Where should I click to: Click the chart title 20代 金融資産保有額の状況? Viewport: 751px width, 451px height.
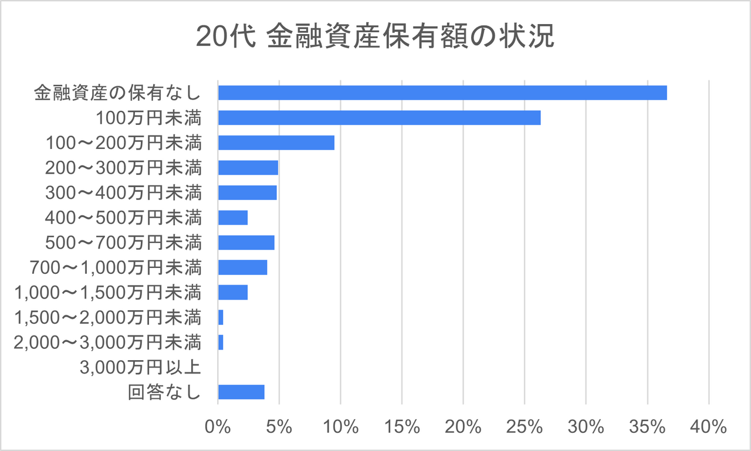[375, 37]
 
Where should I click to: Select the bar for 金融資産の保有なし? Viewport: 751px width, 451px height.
[442, 93]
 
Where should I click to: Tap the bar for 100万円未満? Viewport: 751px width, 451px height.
[379, 118]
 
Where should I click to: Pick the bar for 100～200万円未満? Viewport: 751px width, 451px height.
[276, 143]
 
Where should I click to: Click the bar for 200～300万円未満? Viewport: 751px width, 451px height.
[248, 168]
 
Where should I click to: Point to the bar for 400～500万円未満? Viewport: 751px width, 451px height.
[233, 218]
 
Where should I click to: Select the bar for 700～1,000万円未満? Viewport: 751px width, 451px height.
[243, 267]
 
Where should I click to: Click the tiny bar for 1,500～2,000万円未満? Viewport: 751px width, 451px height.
[221, 317]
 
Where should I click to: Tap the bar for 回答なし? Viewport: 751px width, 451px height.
[241, 392]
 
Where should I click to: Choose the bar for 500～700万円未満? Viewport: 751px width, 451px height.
[246, 243]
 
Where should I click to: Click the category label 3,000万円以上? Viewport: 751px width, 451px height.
[140, 368]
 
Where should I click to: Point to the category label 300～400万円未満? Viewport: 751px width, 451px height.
[123, 193]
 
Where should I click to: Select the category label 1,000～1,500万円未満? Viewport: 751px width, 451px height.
[107, 293]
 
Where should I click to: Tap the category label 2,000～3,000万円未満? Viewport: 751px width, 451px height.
[107, 343]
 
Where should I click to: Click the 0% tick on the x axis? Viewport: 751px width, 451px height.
[218, 426]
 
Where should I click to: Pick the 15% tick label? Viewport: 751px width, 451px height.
[402, 426]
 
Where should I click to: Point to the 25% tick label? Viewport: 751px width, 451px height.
[525, 426]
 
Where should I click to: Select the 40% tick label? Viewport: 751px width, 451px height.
[709, 426]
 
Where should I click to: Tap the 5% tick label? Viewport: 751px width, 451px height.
[279, 426]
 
